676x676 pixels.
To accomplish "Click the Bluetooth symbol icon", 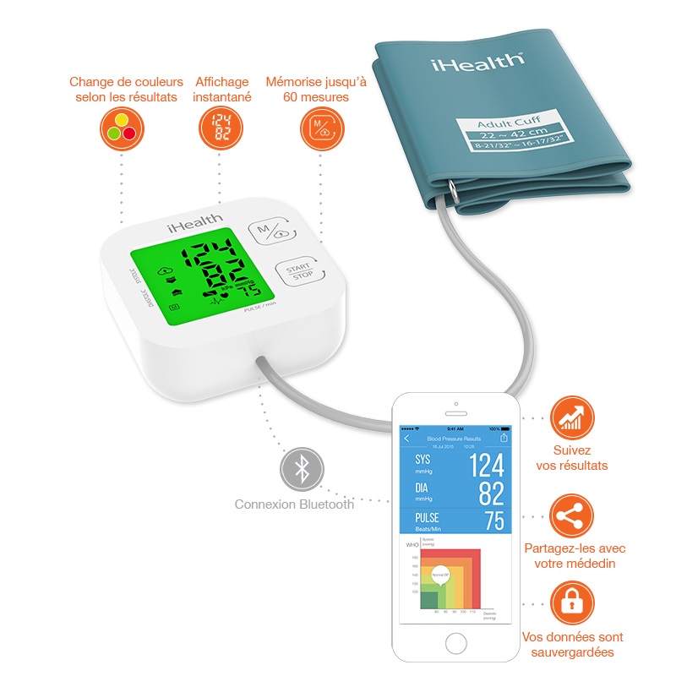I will [x=300, y=469].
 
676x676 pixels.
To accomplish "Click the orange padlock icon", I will [x=571, y=602].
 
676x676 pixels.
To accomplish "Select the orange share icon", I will [x=571, y=515].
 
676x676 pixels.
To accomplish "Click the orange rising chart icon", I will [x=571, y=418].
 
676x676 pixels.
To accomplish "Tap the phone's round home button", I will [x=455, y=640].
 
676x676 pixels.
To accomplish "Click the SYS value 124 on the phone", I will [x=486, y=466].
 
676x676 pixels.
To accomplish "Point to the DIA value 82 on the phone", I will [x=491, y=493].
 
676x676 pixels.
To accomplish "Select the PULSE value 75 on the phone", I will [x=493, y=521].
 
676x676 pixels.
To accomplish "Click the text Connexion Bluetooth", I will [x=294, y=504].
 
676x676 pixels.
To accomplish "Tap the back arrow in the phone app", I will [x=406, y=439].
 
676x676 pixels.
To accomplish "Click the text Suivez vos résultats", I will [x=572, y=458].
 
